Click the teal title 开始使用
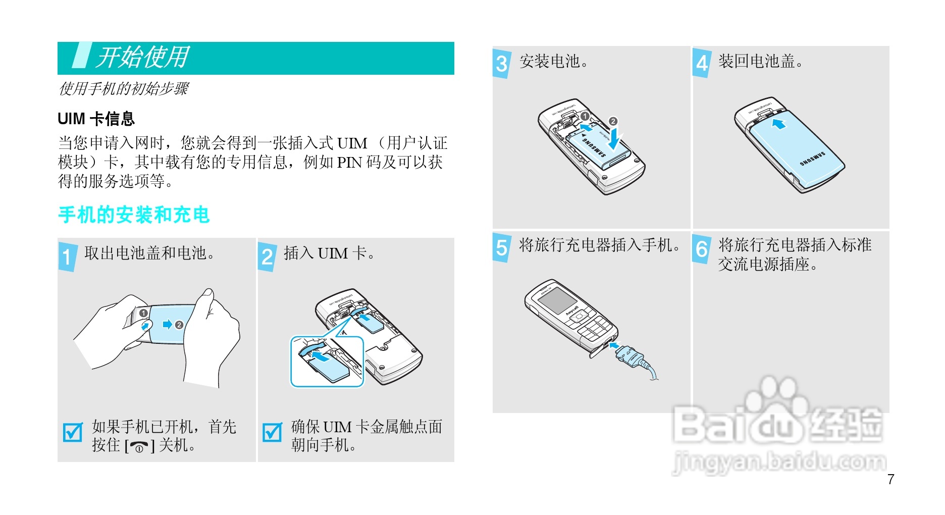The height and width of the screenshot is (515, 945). click(143, 57)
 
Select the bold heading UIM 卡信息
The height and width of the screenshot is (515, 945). click(96, 119)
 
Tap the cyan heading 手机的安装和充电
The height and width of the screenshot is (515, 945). click(134, 215)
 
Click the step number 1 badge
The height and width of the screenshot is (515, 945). click(68, 257)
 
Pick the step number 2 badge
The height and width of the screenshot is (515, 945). click(267, 257)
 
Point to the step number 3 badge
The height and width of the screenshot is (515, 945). click(502, 64)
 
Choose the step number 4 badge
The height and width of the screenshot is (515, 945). click(702, 63)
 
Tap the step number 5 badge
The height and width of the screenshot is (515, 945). click(502, 248)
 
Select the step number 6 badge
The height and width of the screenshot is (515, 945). click(702, 248)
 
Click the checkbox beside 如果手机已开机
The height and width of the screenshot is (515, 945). click(73, 432)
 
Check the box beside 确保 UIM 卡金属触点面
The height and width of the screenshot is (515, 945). click(272, 432)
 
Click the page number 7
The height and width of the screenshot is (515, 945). click(891, 479)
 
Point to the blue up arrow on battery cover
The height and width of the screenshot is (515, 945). click(779, 124)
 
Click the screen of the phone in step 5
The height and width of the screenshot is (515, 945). click(556, 300)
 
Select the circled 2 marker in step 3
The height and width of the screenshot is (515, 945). click(613, 121)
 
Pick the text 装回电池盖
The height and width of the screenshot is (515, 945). click(761, 62)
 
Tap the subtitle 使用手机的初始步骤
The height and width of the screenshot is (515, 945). click(124, 89)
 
